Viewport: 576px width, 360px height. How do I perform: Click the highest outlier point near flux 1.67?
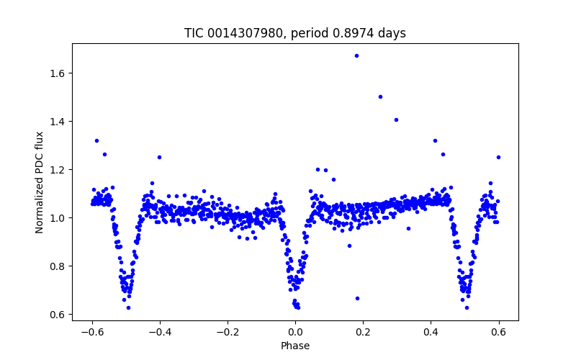pyautogui.click(x=356, y=55)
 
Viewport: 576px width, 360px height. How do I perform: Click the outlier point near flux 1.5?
pyautogui.click(x=380, y=96)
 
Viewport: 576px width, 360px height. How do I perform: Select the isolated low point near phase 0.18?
pyautogui.click(x=357, y=298)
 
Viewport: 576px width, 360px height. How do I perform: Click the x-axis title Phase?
pyautogui.click(x=295, y=346)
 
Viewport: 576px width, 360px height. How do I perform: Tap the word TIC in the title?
pyautogui.click(x=194, y=34)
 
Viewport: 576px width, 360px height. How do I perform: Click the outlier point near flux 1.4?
pyautogui.click(x=396, y=120)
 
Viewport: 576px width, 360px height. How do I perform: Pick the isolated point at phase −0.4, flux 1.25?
pyautogui.click(x=159, y=157)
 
